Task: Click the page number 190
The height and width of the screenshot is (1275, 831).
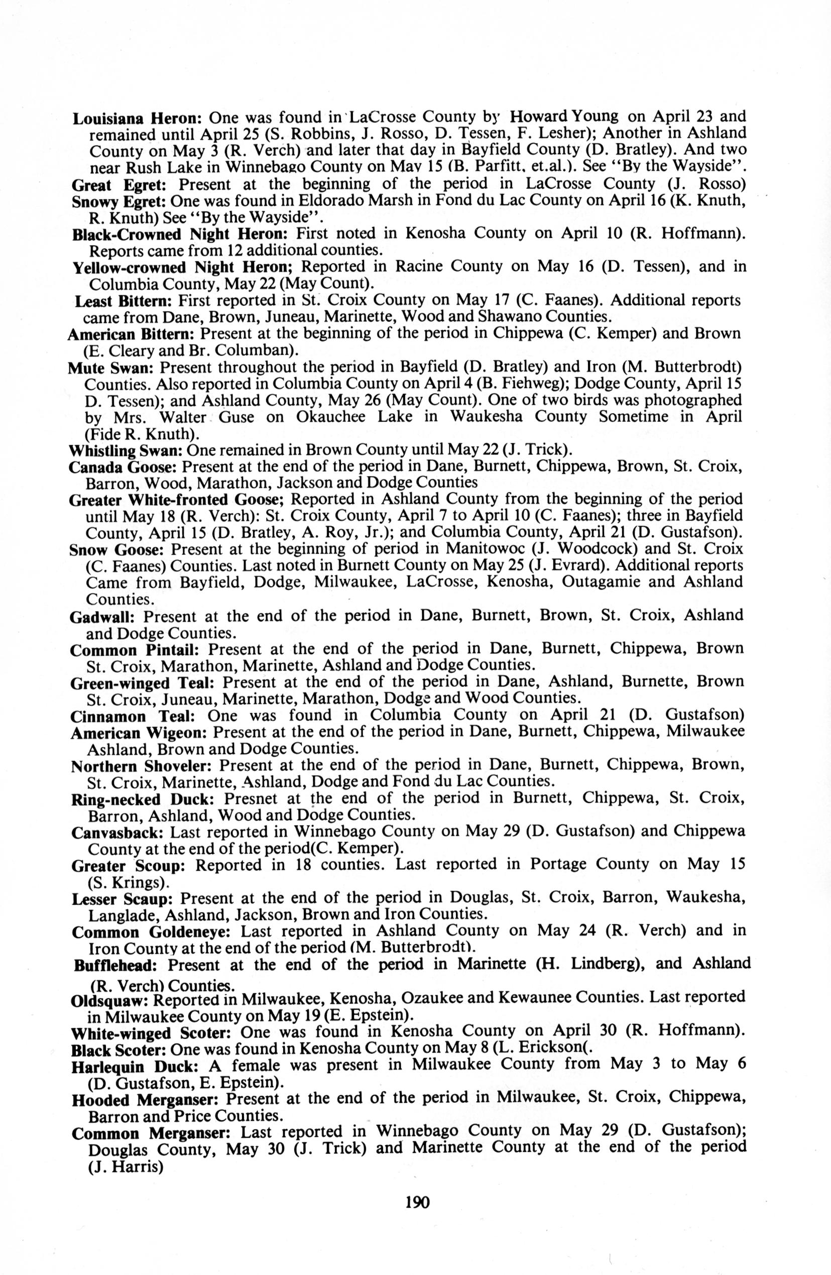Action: (418, 1202)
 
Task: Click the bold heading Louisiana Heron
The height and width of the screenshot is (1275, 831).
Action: (137, 118)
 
